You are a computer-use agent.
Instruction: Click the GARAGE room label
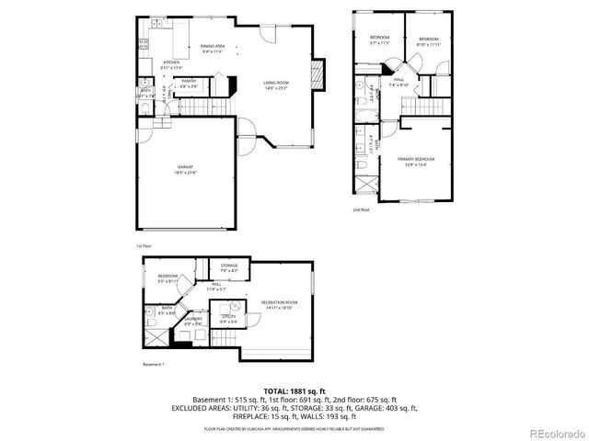(x=184, y=167)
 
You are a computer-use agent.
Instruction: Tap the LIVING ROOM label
(x=275, y=83)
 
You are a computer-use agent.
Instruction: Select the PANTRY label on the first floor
(x=189, y=81)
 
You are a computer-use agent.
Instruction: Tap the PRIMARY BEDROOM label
(x=415, y=159)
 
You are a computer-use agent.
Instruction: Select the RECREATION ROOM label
(x=279, y=302)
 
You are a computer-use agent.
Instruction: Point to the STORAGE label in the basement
(x=229, y=266)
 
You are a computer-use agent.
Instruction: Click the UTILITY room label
(x=228, y=318)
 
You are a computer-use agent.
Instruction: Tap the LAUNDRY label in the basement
(x=192, y=318)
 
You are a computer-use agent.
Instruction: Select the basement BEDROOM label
(x=167, y=277)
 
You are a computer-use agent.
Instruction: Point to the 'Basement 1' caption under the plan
(x=153, y=365)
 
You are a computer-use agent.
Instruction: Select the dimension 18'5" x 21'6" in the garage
(x=184, y=173)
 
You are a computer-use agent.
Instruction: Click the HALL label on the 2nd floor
(x=398, y=80)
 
